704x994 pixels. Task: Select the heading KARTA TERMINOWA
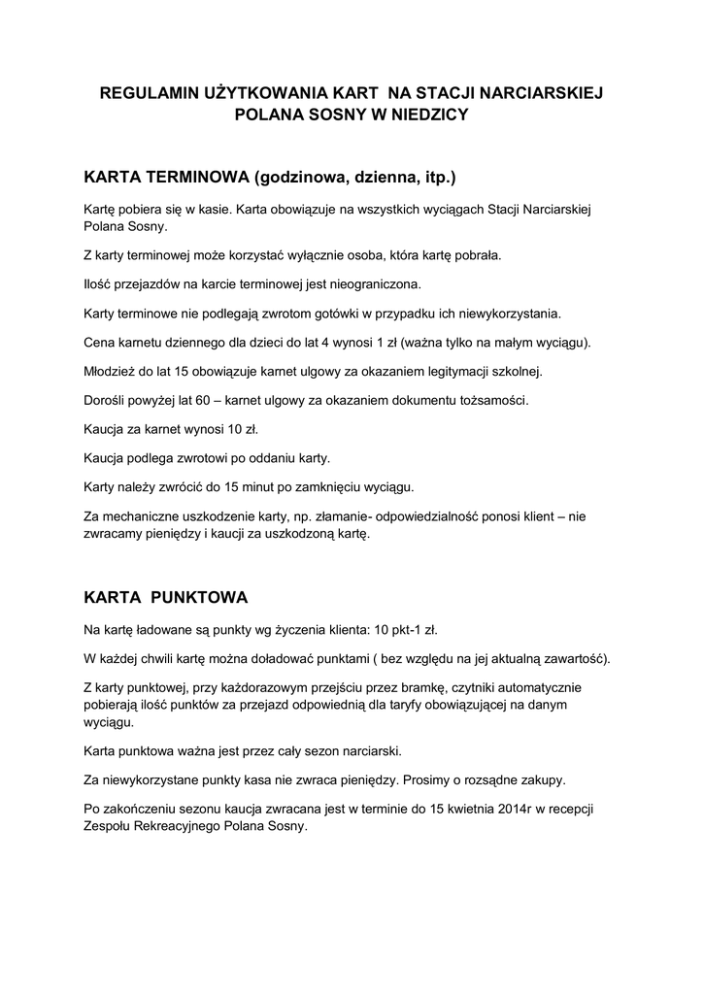[x=166, y=178]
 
